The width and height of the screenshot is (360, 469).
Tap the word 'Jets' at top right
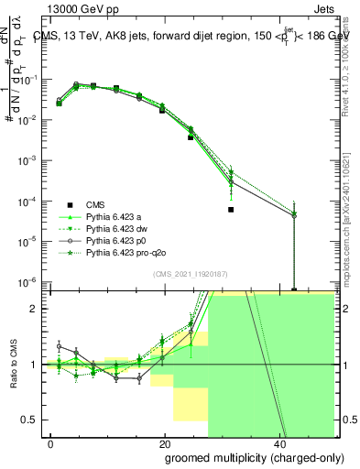pyautogui.click(x=328, y=11)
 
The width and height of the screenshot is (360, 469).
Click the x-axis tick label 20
pyautogui.click(x=165, y=443)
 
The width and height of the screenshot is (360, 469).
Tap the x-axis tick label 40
pyautogui.click(x=278, y=443)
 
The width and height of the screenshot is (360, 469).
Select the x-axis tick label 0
pyautogui.click(x=51, y=443)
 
